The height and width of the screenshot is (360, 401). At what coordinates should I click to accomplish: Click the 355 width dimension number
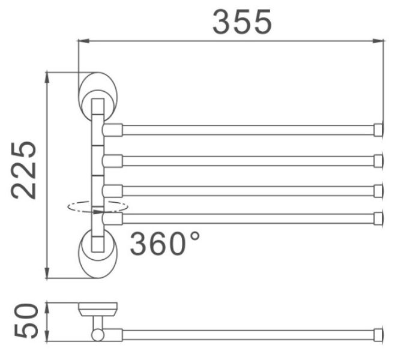tap(242, 22)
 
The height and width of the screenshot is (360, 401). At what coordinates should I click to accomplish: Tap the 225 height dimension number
tap(23, 170)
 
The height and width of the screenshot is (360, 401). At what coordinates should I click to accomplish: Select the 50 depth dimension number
tap(26, 321)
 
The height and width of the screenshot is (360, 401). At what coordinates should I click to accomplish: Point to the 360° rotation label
tap(164, 243)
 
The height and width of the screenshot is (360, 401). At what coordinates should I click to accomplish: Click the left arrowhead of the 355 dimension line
tap(83, 41)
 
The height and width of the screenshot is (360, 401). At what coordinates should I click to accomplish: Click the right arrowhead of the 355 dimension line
tap(378, 41)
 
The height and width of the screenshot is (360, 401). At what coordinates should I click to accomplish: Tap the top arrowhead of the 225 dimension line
tap(47, 78)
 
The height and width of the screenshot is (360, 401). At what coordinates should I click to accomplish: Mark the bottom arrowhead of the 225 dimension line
tap(47, 273)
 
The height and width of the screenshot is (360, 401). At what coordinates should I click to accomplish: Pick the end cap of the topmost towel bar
tap(378, 130)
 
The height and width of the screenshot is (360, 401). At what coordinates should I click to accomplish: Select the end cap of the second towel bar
tap(378, 161)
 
